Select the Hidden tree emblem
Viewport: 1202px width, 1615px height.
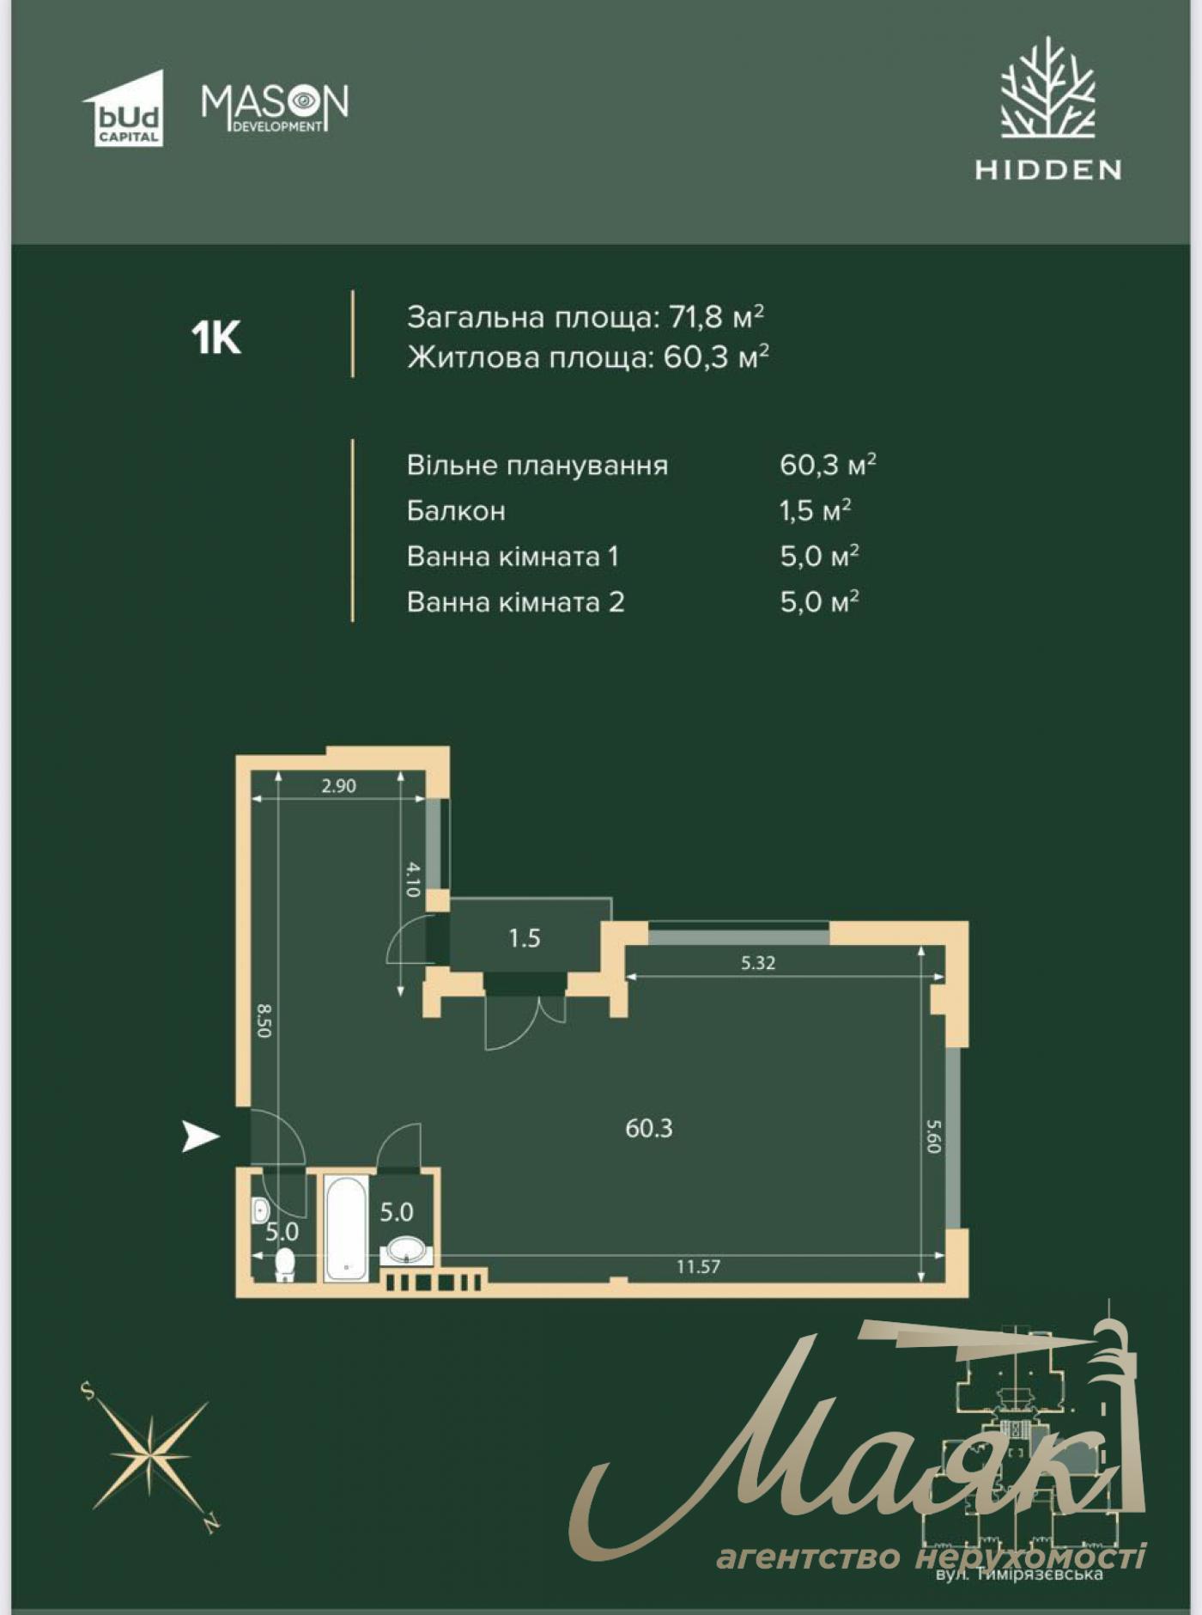[x=1047, y=89]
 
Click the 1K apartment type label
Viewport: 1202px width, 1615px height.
[x=216, y=338]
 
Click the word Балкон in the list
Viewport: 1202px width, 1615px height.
[x=456, y=511]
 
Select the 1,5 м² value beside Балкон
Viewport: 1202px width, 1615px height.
[x=815, y=511]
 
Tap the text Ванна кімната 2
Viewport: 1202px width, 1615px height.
[x=515, y=602]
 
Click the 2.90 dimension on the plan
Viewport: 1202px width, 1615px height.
[x=339, y=785]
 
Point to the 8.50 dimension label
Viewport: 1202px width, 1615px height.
[x=264, y=1021]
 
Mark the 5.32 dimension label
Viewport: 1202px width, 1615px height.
[x=758, y=963]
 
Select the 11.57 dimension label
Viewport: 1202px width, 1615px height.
[x=698, y=1266]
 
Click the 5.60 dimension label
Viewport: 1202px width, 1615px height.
[x=934, y=1136]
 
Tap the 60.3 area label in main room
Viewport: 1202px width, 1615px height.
[x=649, y=1128]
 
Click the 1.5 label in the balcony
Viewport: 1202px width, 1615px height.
[x=524, y=938]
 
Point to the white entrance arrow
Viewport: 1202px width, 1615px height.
[x=200, y=1137]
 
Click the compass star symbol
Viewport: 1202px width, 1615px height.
[x=151, y=1457]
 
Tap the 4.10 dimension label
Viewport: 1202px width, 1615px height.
[x=412, y=879]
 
